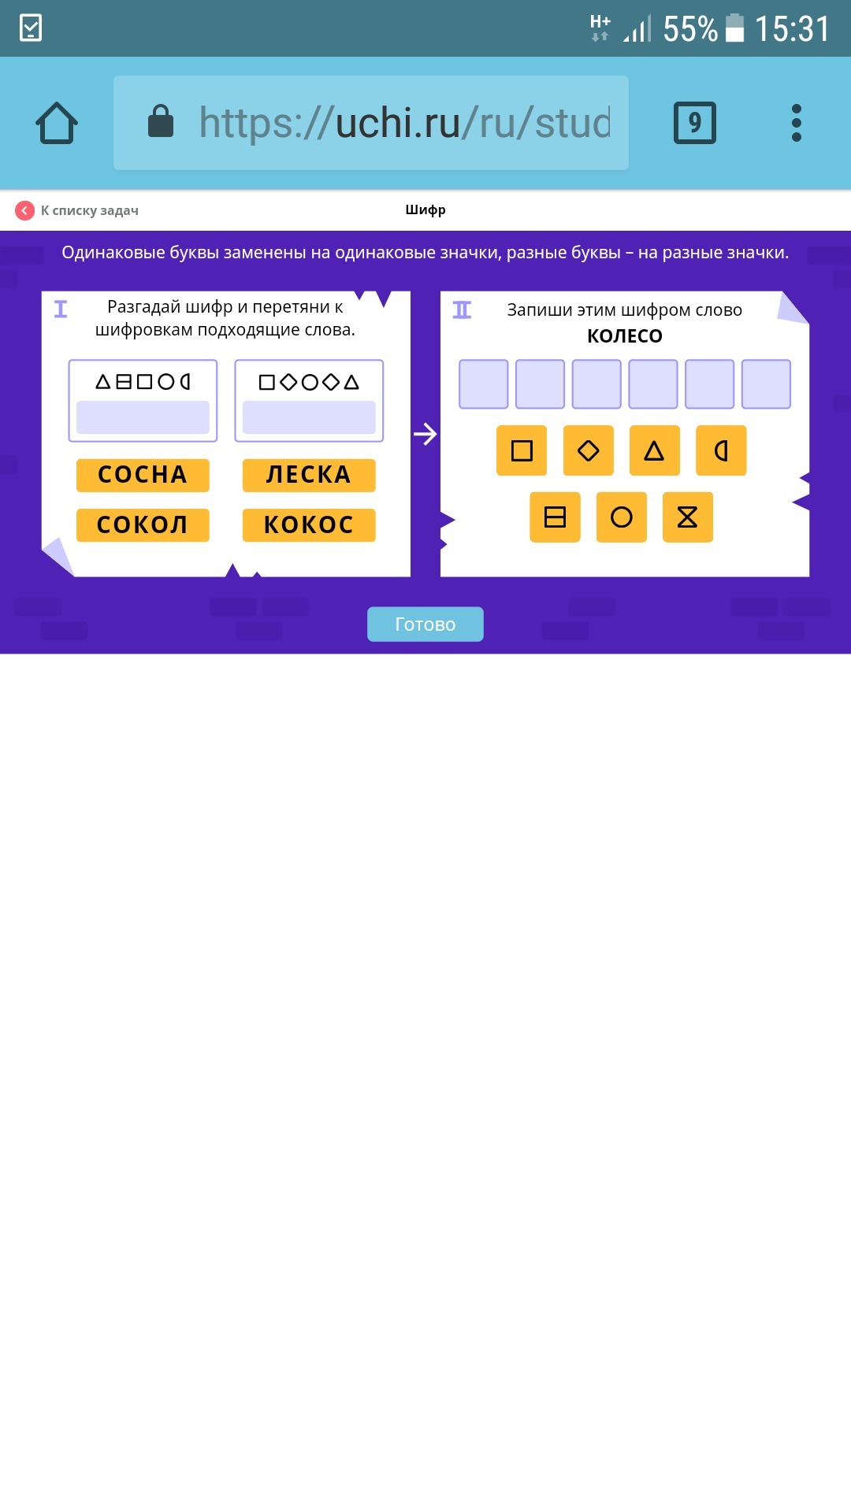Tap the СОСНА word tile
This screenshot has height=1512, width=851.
coord(143,475)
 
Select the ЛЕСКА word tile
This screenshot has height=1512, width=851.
coord(309,475)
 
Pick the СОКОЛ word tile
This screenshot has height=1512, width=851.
coord(143,524)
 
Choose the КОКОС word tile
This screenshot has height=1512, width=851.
coord(309,524)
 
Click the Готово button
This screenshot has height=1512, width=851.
coord(425,624)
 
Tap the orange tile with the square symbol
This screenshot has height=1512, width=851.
coord(522,450)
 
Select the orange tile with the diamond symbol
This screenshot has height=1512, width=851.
coord(588,450)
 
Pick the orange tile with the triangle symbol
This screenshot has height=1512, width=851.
coord(654,450)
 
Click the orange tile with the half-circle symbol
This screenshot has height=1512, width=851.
coord(721,450)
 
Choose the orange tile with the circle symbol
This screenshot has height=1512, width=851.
coord(622,517)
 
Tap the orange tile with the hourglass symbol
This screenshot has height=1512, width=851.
coord(688,517)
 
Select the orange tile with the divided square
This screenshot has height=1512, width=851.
coord(555,517)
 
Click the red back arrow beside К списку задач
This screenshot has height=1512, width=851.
coord(25,210)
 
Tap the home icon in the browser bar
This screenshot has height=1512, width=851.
coord(57,123)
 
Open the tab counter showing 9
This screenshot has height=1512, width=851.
coord(695,123)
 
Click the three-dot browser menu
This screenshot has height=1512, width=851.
coord(797,123)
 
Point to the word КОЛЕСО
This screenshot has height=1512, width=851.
coord(625,336)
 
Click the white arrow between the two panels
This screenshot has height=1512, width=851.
coord(425,434)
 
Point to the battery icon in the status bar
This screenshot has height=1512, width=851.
coord(734,28)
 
